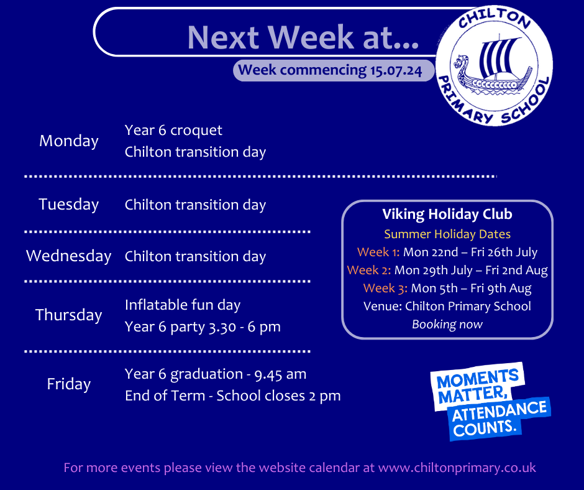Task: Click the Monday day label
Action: (69, 141)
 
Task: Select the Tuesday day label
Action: (69, 205)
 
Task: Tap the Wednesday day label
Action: (69, 256)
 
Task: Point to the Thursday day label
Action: (69, 315)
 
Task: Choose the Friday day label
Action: (69, 384)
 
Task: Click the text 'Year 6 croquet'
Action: (173, 131)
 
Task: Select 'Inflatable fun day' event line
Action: (183, 305)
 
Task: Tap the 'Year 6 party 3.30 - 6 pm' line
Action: (203, 327)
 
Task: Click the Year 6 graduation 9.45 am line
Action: (216, 374)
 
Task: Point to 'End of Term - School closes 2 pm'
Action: (233, 396)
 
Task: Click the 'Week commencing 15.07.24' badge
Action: (334, 70)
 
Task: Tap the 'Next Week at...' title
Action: (303, 37)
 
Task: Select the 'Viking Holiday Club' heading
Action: (447, 214)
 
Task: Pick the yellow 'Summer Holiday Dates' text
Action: (447, 234)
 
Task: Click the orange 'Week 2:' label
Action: (368, 270)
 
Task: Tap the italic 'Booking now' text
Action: (447, 325)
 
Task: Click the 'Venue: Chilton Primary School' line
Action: (447, 306)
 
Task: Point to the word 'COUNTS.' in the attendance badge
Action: (485, 428)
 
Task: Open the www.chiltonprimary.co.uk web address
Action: (457, 468)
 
